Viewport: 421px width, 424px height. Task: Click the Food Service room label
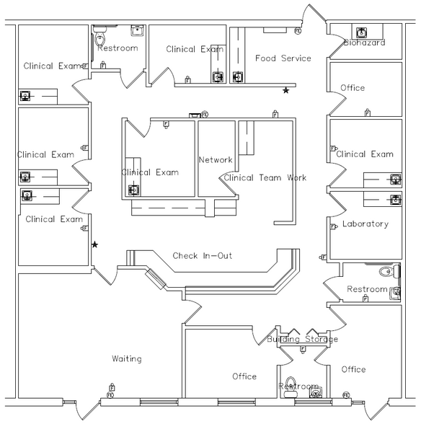283,58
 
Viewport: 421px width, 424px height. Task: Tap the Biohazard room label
365,43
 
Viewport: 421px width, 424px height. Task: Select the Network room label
216,160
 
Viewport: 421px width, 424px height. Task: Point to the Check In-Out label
203,255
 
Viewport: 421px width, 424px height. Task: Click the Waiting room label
127,359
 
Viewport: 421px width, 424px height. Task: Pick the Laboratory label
365,224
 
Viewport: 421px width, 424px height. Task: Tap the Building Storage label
302,339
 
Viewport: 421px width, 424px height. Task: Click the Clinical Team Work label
265,177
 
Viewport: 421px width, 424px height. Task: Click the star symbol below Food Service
285,90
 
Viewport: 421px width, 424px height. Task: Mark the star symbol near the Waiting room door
94,244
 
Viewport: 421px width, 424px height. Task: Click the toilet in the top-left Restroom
99,38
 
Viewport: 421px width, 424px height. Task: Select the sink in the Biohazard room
361,32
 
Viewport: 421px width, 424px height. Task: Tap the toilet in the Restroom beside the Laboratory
387,271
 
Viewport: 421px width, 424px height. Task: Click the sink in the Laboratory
396,200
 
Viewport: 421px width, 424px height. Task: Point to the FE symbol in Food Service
298,31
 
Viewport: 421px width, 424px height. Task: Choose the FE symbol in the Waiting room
110,395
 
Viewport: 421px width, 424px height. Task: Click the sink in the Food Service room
238,76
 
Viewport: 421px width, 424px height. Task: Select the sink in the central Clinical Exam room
133,190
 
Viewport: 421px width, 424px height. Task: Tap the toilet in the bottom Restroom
290,387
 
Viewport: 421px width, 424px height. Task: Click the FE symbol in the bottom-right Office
346,395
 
